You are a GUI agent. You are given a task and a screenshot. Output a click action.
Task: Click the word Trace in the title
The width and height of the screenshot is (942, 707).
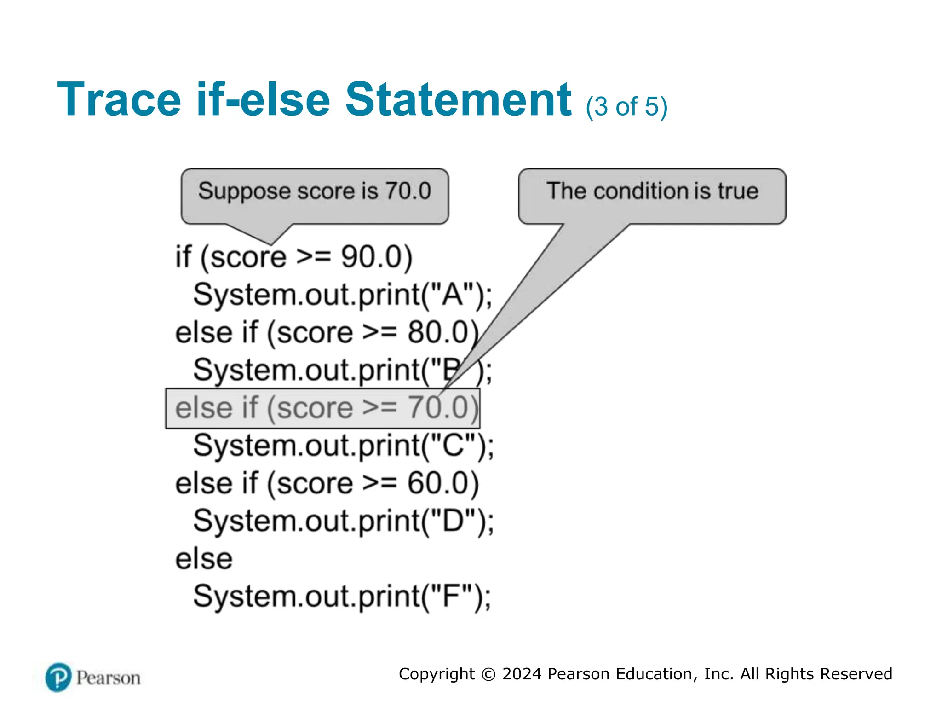click(119, 99)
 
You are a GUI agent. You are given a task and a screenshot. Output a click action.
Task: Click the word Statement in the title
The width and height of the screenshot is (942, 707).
click(458, 99)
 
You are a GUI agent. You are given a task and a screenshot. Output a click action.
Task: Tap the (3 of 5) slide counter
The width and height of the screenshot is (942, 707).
click(626, 106)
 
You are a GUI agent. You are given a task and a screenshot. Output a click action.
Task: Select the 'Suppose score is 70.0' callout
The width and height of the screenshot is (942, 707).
click(315, 191)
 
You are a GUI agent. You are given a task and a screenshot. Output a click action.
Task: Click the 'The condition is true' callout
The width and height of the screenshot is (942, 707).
click(652, 191)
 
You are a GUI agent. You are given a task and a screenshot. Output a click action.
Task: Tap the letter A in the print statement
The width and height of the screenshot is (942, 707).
click(452, 295)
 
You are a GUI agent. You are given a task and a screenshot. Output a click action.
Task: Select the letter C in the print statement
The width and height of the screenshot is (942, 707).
click(453, 446)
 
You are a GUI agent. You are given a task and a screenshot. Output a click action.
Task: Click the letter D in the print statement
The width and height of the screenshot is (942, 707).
click(453, 521)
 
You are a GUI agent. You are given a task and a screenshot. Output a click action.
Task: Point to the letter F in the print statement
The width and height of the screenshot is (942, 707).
click(451, 597)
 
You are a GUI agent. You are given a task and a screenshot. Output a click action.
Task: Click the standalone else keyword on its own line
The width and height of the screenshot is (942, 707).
click(204, 559)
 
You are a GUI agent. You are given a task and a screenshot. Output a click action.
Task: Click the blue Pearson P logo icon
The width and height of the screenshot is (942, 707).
click(58, 678)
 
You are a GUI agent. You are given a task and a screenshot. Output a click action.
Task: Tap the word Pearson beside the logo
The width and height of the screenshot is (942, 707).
click(109, 678)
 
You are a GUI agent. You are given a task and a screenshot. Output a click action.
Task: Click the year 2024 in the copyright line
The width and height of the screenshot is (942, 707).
click(522, 674)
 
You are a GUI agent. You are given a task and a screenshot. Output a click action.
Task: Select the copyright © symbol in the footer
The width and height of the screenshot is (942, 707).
click(488, 674)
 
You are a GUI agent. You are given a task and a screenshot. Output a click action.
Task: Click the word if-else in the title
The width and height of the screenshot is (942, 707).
click(263, 99)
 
